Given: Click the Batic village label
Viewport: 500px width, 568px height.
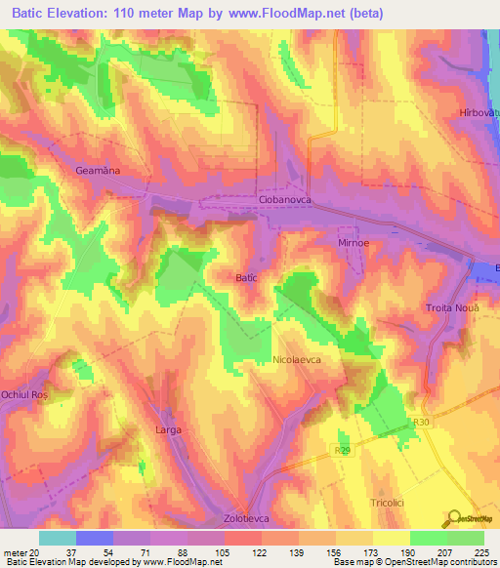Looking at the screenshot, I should tap(246, 278).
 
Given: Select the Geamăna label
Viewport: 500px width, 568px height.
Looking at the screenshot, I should tap(98, 170).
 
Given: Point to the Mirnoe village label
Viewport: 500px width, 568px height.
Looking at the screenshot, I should tap(352, 241).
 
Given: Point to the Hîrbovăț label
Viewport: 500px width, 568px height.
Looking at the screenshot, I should tap(479, 114).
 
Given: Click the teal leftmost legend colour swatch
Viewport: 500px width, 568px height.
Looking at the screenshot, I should tap(58, 538).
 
